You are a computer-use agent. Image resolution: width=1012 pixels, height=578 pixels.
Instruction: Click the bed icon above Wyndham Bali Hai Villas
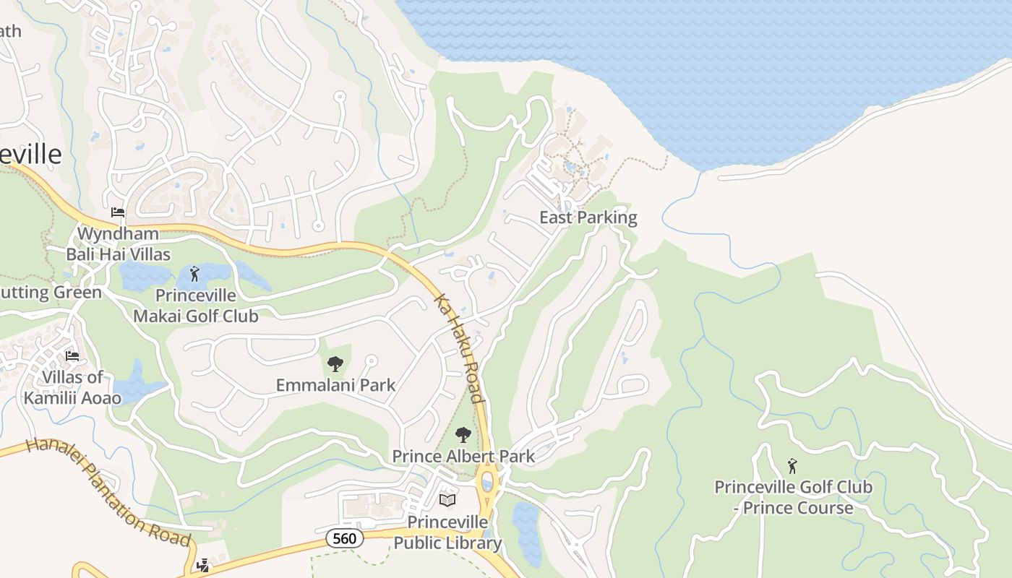[118, 212]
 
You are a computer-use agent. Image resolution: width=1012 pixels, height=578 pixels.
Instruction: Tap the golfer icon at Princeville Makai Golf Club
[194, 274]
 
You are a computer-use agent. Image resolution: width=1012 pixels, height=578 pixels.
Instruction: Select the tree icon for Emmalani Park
[335, 363]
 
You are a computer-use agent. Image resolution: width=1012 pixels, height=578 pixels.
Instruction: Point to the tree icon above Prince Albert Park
[463, 435]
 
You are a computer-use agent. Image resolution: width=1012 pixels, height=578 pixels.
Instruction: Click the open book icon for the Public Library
[447, 500]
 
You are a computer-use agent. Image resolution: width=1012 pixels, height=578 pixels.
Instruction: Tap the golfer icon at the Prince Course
[792, 466]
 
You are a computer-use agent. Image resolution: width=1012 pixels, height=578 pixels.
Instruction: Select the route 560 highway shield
[344, 538]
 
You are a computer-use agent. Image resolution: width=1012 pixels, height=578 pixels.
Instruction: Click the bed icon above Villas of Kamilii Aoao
[72, 356]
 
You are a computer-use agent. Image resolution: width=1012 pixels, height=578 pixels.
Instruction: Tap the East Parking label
[588, 217]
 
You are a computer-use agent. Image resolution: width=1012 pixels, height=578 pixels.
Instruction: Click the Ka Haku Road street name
[458, 348]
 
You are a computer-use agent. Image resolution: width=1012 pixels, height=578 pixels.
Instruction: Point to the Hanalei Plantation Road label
[108, 492]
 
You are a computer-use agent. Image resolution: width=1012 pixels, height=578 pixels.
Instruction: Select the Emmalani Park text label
[335, 385]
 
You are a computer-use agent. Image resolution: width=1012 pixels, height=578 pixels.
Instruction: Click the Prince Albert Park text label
[463, 456]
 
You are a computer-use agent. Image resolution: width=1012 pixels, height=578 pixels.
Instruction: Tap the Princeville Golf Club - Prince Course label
[793, 497]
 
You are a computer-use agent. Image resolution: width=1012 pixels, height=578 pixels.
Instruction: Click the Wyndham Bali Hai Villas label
[119, 244]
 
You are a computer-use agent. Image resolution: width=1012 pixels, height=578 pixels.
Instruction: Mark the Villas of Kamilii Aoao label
[72, 388]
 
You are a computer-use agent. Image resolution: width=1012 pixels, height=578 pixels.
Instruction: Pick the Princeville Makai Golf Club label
[195, 306]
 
